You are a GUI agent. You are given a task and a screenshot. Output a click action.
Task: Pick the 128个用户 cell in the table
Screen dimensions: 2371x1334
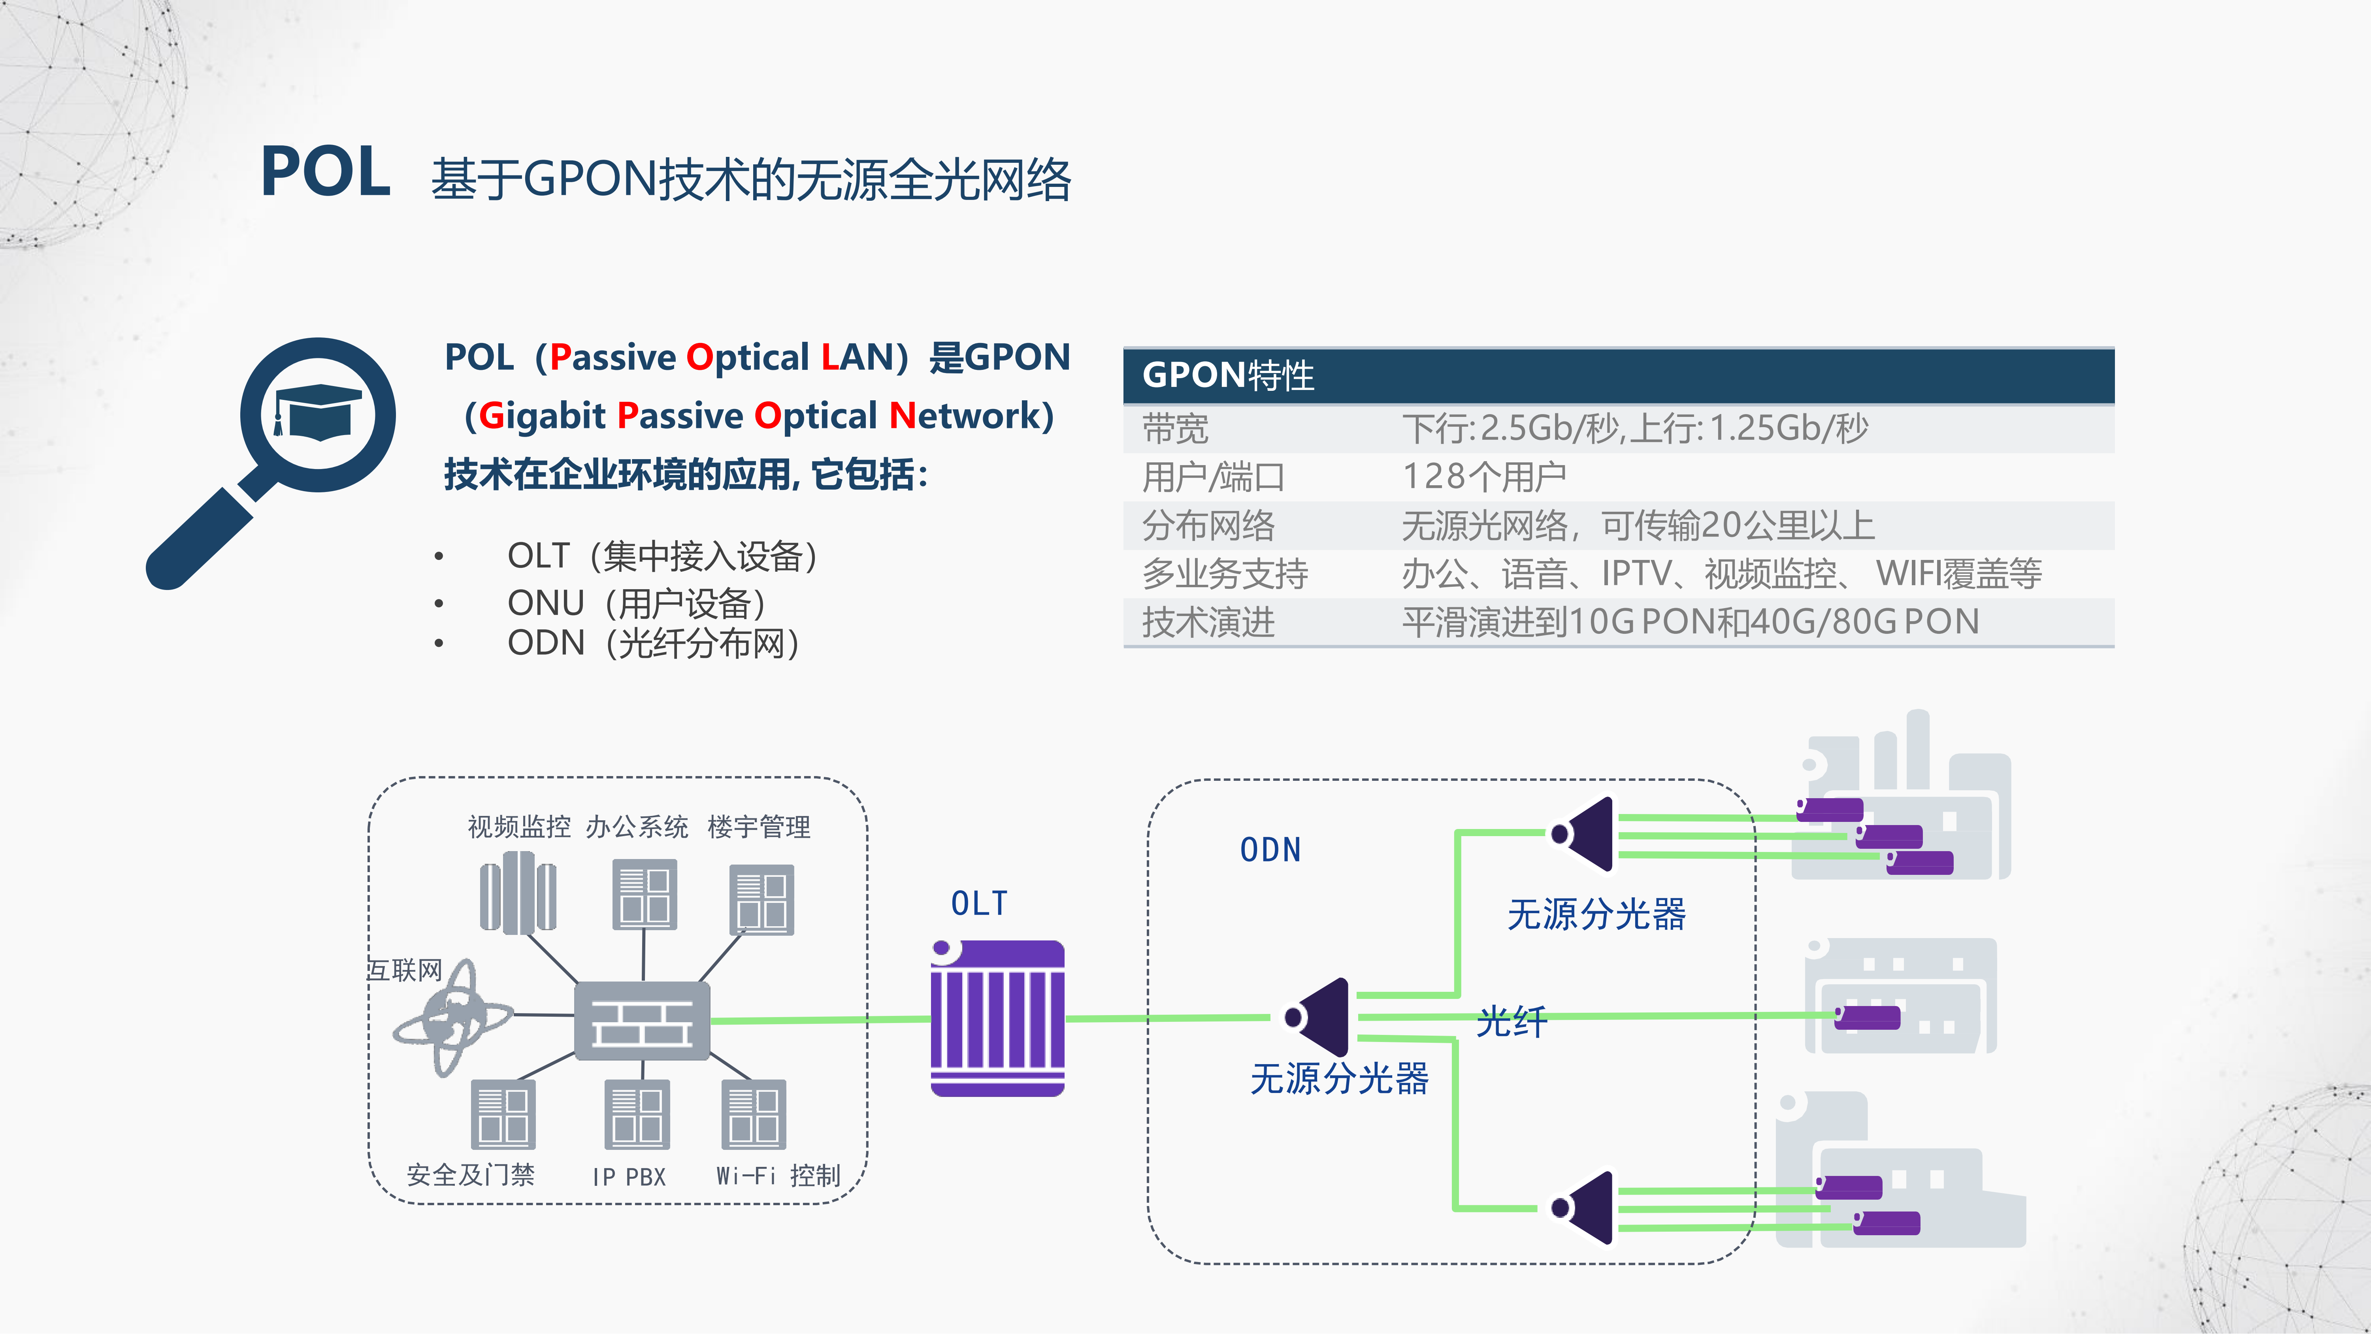coord(1484,477)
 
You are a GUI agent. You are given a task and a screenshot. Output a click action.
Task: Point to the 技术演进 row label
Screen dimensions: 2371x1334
coord(1208,622)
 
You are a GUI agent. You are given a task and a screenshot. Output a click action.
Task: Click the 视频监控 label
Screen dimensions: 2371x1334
coord(519,827)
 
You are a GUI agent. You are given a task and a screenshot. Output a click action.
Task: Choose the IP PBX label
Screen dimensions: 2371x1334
coord(629,1177)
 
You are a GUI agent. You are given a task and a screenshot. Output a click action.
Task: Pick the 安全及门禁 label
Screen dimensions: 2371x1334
coord(470,1175)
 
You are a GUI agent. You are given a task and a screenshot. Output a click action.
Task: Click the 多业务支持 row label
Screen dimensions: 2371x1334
coord(1225,574)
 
